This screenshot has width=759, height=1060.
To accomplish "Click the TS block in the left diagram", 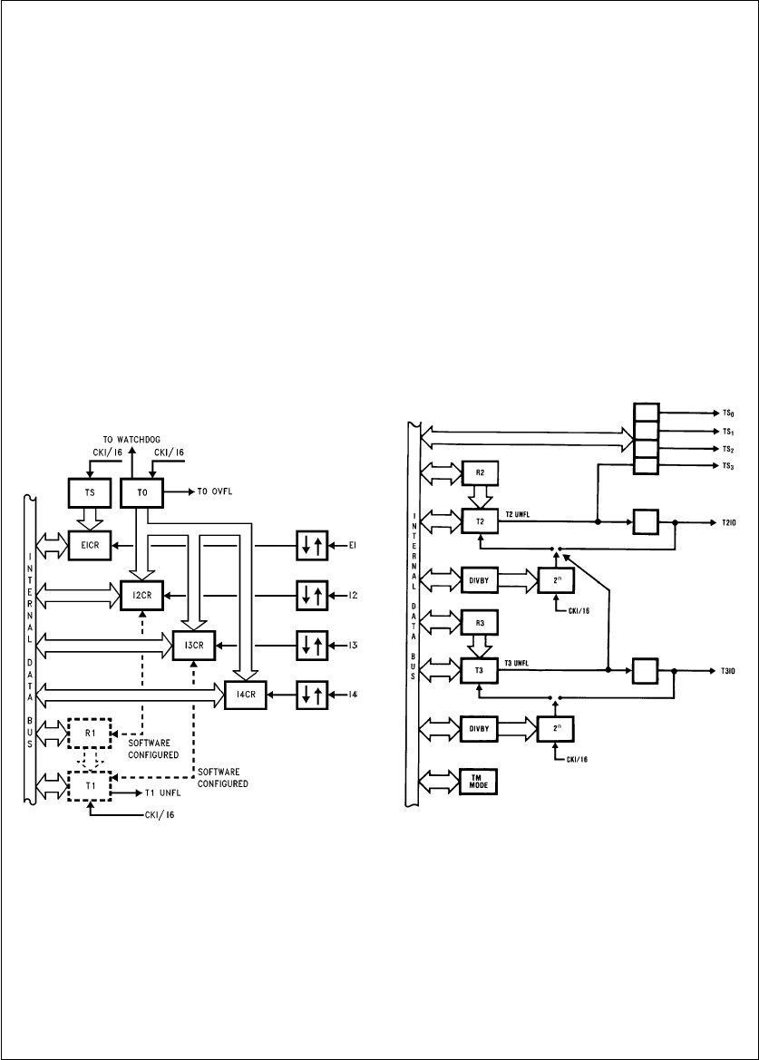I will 88,492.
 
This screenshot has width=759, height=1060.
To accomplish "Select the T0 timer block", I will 141,492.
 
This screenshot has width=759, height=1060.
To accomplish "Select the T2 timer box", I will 480,522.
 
